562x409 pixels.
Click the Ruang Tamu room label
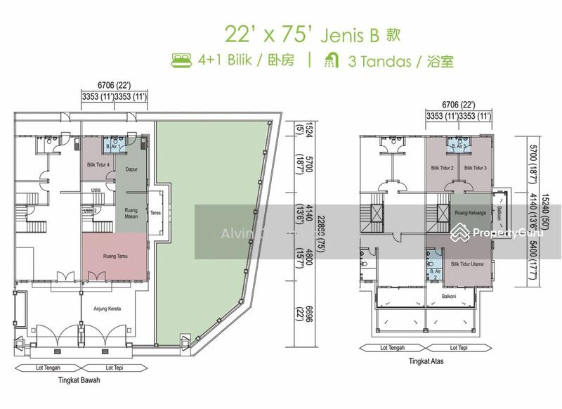point(114,257)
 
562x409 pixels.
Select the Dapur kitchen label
point(130,169)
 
